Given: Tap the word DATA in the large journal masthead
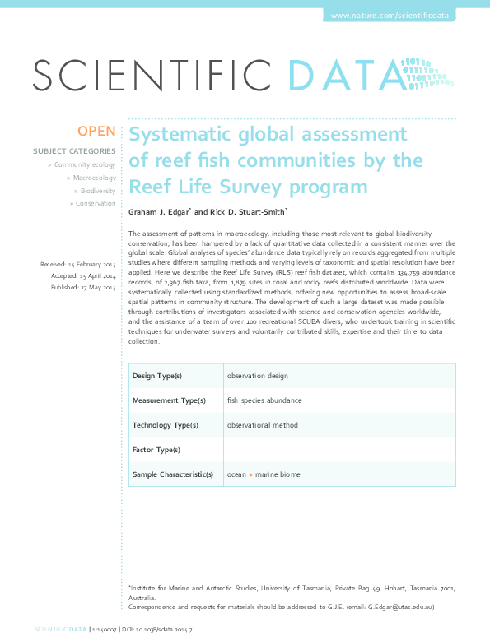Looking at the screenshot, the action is pos(346,77).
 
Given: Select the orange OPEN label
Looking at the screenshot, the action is pos(97,132).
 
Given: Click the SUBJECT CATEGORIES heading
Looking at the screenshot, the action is pos(74,151).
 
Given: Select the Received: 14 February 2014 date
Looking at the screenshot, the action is pos(78,263).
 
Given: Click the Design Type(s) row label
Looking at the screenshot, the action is pos(157,376).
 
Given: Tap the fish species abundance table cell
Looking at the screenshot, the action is pos(264,400).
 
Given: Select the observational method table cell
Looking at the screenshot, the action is pos(263,425).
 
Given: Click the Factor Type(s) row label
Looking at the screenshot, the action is pos(156,450).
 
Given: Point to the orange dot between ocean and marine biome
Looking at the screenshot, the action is pos(250,475).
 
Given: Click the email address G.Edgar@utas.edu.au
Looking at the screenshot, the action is pos(401,607).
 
